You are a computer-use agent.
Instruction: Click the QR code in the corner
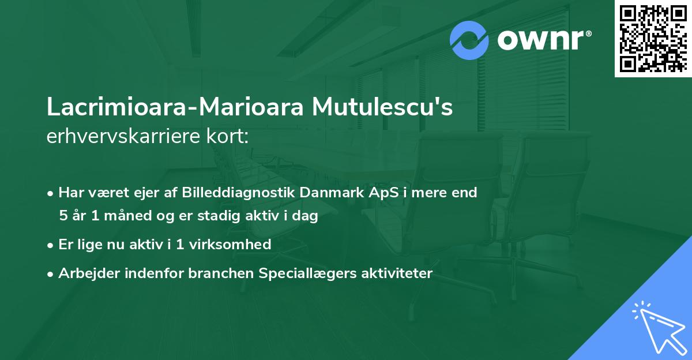tap(653, 38)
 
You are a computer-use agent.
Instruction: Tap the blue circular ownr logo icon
tap(469, 40)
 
